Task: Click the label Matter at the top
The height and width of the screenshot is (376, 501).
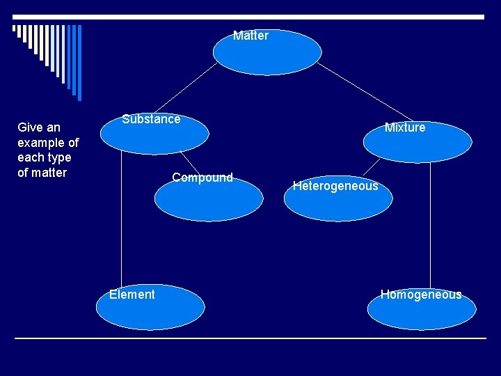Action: pyautogui.click(x=250, y=36)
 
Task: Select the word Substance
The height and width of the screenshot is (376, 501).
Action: pyautogui.click(x=151, y=119)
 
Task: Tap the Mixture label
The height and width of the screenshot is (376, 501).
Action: pyautogui.click(x=405, y=127)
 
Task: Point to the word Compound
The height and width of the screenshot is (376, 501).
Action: pyautogui.click(x=202, y=178)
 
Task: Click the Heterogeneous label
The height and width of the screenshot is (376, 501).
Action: pyautogui.click(x=335, y=186)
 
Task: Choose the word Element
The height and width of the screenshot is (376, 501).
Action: pyautogui.click(x=132, y=295)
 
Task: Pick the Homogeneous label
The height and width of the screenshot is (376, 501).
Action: pyautogui.click(x=421, y=295)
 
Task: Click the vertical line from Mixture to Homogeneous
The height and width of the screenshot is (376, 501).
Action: pyautogui.click(x=431, y=223)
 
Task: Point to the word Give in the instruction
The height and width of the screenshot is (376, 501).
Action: pyautogui.click(x=30, y=127)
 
